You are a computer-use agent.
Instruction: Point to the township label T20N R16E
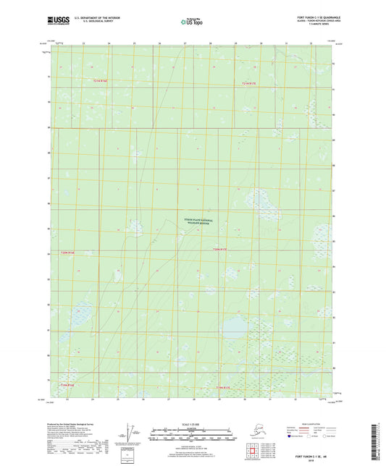coord(67,253)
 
